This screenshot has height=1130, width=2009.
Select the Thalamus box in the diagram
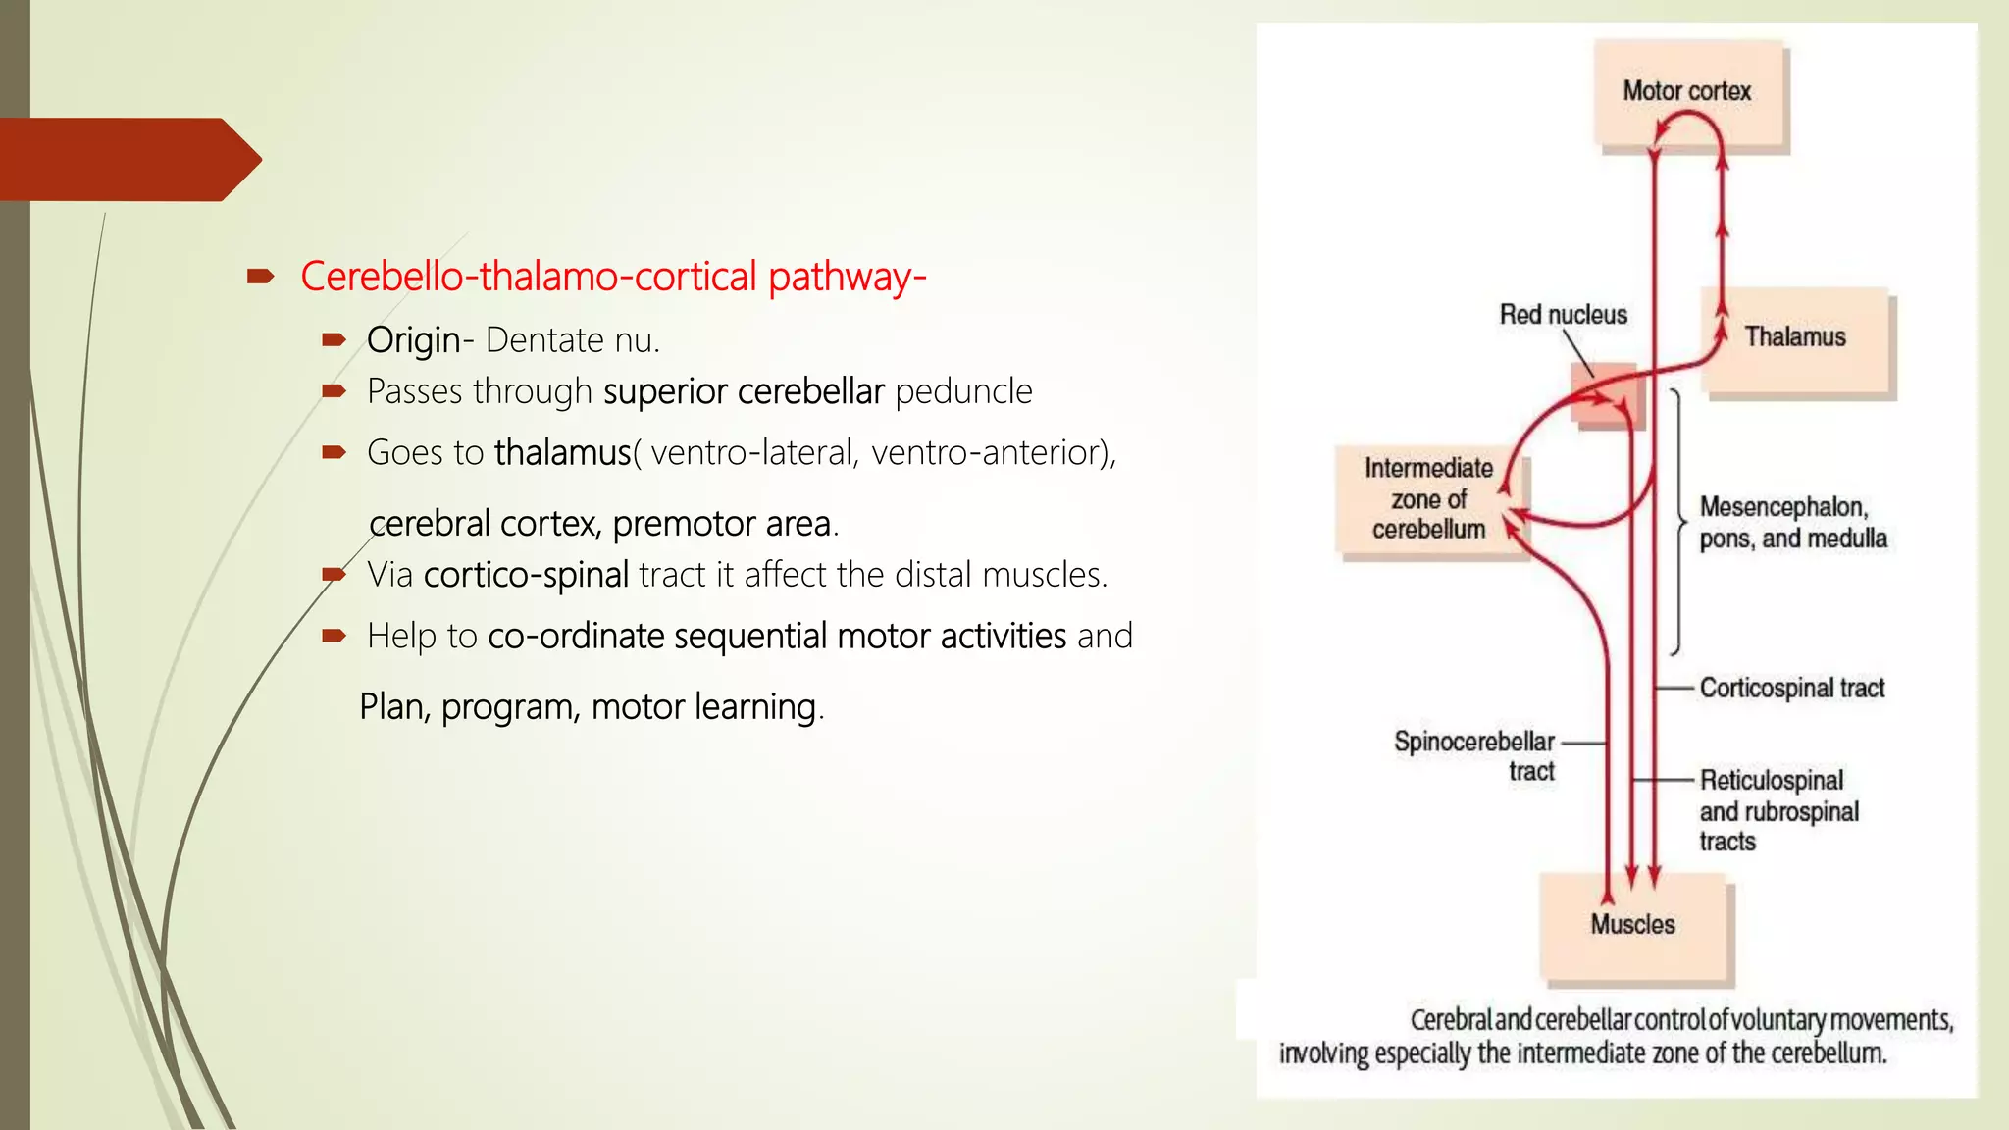click(x=1795, y=338)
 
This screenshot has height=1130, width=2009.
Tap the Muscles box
click(x=1633, y=926)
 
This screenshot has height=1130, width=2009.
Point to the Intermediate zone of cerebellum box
click(x=1428, y=499)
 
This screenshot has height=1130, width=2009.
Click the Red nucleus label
click(x=1563, y=315)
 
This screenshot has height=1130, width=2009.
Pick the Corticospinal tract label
click(x=1791, y=689)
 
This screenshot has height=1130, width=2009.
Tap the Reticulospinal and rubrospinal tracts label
click(x=1777, y=811)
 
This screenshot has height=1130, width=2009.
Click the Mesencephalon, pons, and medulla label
click(x=1791, y=523)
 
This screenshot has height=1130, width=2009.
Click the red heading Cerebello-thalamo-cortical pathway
click(x=613, y=277)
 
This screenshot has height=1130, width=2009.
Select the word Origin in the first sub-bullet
click(x=413, y=340)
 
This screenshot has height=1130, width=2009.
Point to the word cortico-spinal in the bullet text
click(x=526, y=575)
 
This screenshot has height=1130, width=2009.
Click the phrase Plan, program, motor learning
click(x=592, y=707)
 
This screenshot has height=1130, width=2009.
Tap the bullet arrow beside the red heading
click(x=260, y=278)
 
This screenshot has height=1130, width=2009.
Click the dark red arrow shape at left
click(x=128, y=159)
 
